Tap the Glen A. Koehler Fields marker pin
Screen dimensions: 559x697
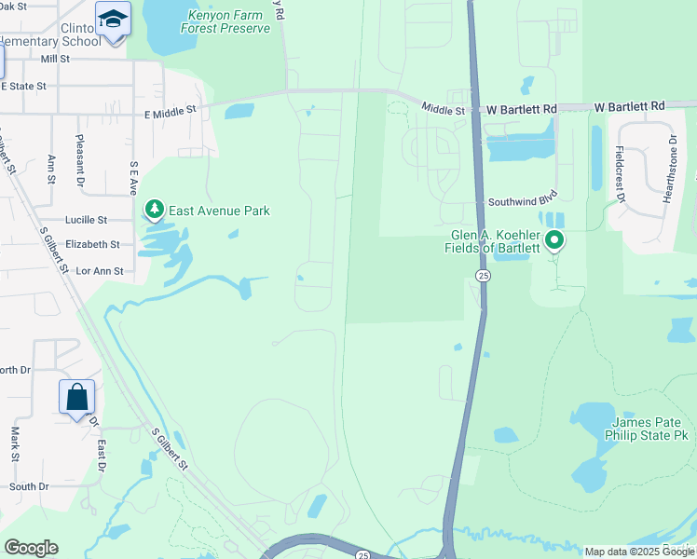coord(554,241)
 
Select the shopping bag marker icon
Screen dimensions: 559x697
coord(76,398)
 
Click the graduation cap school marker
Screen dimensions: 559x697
coord(113,20)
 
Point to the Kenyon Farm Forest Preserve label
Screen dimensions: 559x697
coord(228,21)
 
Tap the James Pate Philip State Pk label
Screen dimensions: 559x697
coord(649,428)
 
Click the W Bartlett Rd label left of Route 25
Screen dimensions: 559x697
coord(522,109)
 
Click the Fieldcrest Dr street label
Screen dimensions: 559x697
coord(619,171)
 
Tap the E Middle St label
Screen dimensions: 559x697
coord(171,110)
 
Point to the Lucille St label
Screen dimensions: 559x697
coord(87,220)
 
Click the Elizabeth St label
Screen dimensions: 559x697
coord(92,244)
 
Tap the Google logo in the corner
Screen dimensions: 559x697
coord(31,548)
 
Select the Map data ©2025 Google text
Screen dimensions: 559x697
coord(639,552)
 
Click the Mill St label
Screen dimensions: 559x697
coord(56,58)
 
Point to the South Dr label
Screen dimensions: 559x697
coord(30,486)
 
